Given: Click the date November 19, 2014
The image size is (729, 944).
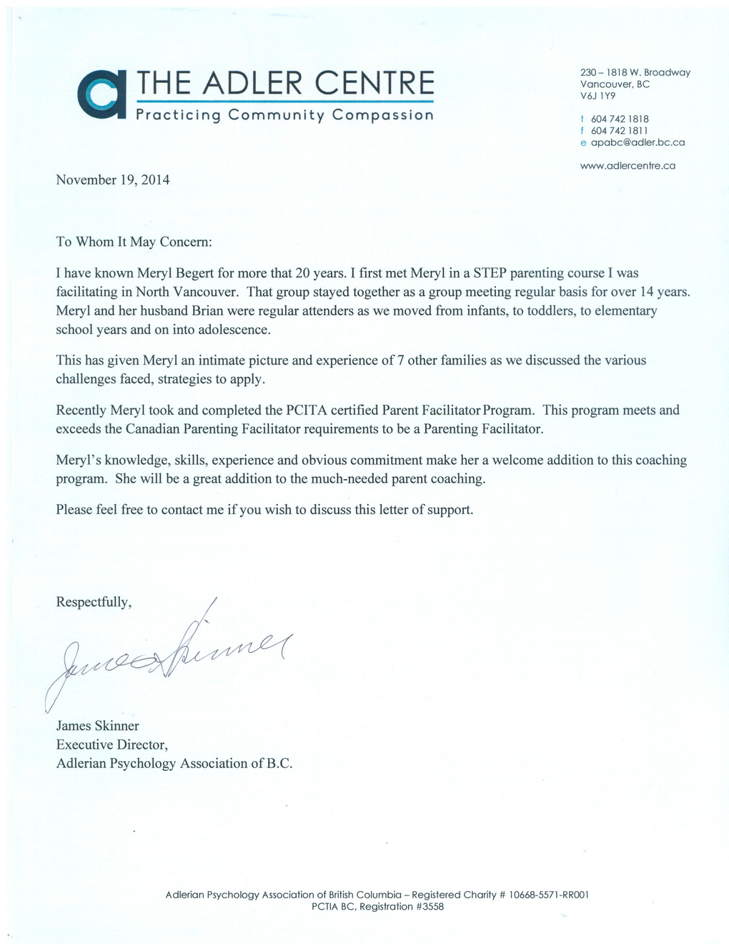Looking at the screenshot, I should pos(113,180).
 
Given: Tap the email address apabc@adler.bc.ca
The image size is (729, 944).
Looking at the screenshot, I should pos(638,142).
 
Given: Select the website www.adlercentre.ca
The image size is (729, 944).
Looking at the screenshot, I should pos(628,166).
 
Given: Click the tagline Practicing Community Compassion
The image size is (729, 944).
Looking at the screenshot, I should pos(284,115).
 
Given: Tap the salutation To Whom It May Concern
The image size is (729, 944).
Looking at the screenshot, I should pos(134,242).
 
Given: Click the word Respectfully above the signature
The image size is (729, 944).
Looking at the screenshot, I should pos(93,602).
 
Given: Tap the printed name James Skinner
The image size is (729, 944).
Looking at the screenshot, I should pos(98,726).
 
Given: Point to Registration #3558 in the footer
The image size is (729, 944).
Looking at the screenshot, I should pos(401,907).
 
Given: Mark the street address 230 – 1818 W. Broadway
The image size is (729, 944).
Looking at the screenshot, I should pos(635,72).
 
